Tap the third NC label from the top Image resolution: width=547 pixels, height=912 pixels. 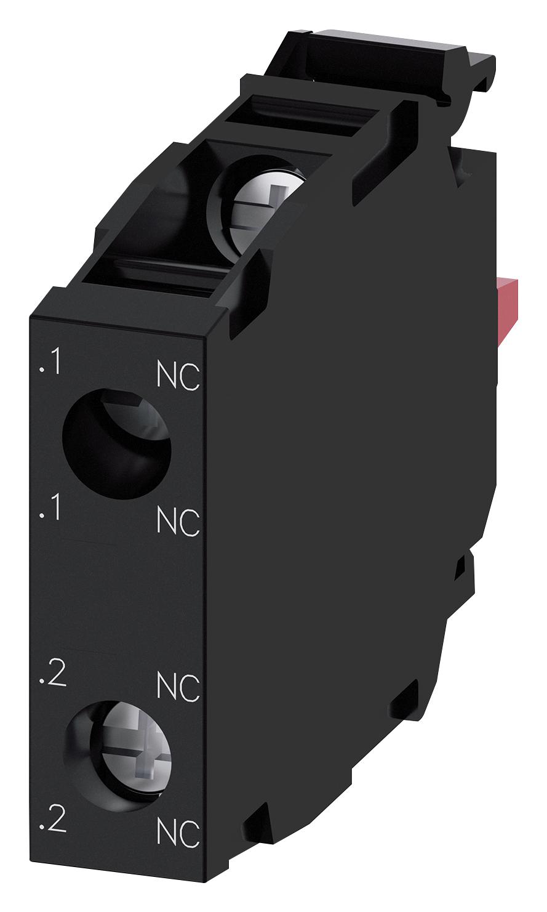pos(178,687)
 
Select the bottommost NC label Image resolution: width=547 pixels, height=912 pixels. pos(178,833)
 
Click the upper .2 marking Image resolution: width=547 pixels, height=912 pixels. pos(52,676)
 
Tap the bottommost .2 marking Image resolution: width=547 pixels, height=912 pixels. pos(52,821)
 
